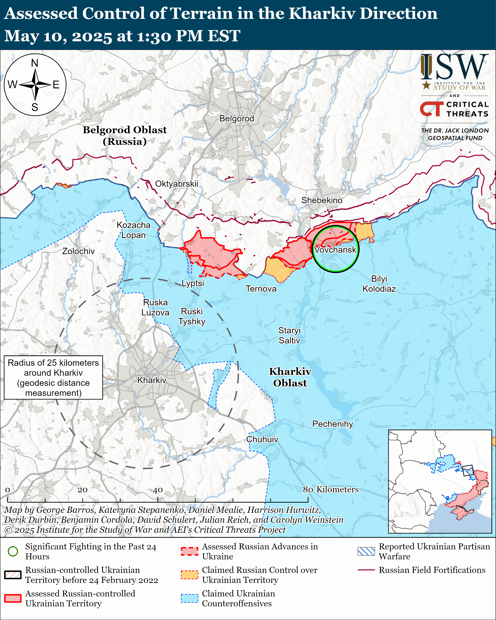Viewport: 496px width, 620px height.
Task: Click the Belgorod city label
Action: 237,118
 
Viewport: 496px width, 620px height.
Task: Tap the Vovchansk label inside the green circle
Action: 335,250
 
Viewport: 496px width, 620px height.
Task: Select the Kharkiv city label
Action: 152,380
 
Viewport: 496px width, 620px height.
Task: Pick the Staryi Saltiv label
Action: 289,335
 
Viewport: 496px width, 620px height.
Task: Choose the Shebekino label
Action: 322,200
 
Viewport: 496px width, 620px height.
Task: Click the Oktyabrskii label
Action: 177,184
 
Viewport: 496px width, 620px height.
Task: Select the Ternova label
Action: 261,289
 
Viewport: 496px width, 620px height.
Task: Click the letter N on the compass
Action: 35,63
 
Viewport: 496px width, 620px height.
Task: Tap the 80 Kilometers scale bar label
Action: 331,489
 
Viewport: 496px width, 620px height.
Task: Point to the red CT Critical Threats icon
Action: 431,109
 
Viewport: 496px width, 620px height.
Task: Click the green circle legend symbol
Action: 13,551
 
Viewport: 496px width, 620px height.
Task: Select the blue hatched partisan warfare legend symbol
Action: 366,551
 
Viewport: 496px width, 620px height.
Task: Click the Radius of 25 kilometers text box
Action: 54,378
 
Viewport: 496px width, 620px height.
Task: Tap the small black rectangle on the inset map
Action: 468,470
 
